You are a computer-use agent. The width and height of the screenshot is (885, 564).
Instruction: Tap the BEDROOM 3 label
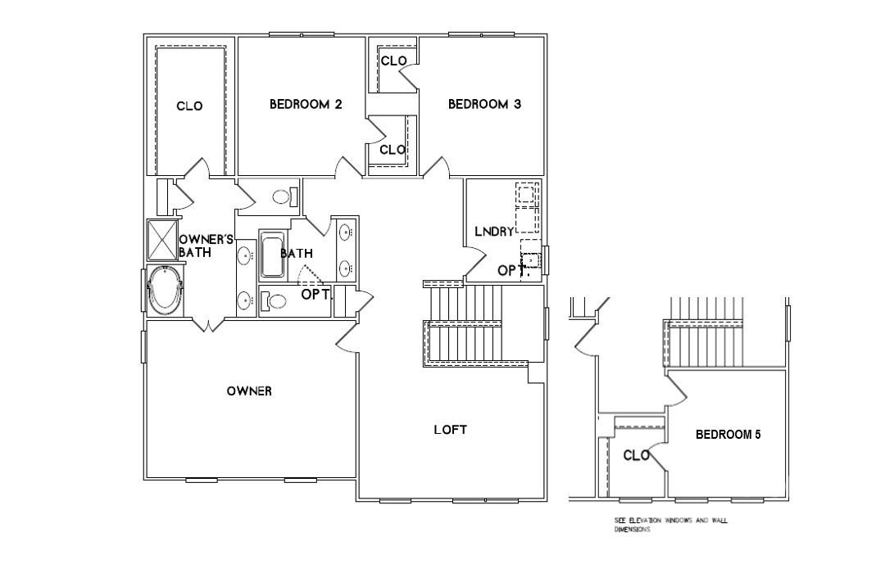coord(484,105)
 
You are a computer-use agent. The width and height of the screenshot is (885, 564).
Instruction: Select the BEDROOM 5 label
coord(728,435)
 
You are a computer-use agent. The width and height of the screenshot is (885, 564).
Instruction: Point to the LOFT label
coord(450,430)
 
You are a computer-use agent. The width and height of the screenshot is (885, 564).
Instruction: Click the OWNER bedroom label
coord(249,391)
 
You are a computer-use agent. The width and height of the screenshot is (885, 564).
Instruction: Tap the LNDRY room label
coord(494,232)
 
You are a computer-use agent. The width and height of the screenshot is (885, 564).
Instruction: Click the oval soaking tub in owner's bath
coord(165,291)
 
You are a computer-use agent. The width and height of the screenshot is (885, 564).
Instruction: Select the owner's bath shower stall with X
coord(161,240)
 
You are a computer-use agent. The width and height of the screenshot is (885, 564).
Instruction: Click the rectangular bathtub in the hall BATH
coord(270,255)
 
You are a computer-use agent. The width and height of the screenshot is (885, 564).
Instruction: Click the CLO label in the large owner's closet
coord(189,106)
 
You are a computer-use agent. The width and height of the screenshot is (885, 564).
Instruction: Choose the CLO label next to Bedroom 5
coord(637,456)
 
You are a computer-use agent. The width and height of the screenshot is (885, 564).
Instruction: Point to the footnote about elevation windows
coord(670,525)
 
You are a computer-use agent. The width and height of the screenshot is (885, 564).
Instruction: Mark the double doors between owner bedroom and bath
coord(208,325)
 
